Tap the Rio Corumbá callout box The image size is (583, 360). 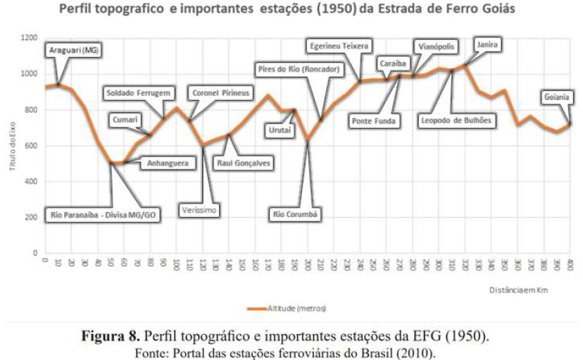[296, 213]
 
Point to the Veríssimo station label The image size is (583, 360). [200, 209]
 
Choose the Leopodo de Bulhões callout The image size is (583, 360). [457, 120]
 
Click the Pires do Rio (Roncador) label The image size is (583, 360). [299, 68]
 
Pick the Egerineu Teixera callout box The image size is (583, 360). [339, 46]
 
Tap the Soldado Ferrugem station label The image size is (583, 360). [138, 93]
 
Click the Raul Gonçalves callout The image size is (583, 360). [245, 163]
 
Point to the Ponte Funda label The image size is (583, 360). [374, 121]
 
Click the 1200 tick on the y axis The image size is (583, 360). [28, 37]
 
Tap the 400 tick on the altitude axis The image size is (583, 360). [31, 181]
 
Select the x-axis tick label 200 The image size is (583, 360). [308, 264]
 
